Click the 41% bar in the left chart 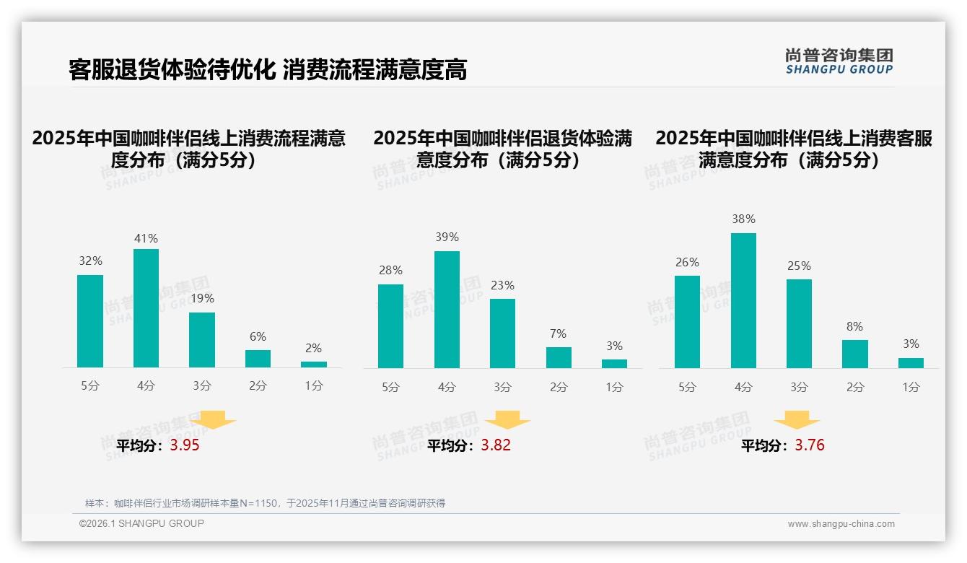146,308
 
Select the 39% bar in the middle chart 447,310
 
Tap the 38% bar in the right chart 743,300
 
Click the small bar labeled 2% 314,365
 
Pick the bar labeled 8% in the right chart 855,354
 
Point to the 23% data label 502,286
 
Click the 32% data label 90,261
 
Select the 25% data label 799,266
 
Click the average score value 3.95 185,445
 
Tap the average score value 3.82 496,445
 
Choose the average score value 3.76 810,445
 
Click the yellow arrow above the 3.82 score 507,420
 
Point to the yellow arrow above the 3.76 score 797,420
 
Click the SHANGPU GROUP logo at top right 839,61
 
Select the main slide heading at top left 268,69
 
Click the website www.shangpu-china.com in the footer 841,524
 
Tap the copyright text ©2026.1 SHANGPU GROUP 141,523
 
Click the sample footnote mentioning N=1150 265,503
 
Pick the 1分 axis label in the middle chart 614,388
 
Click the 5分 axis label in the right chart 687,388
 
